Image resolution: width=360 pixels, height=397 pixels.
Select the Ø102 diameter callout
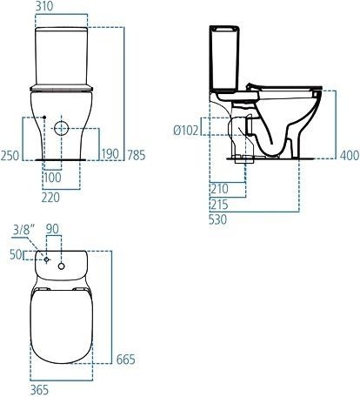pos(187,131)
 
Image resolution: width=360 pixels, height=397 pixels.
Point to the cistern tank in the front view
pos(62,57)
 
